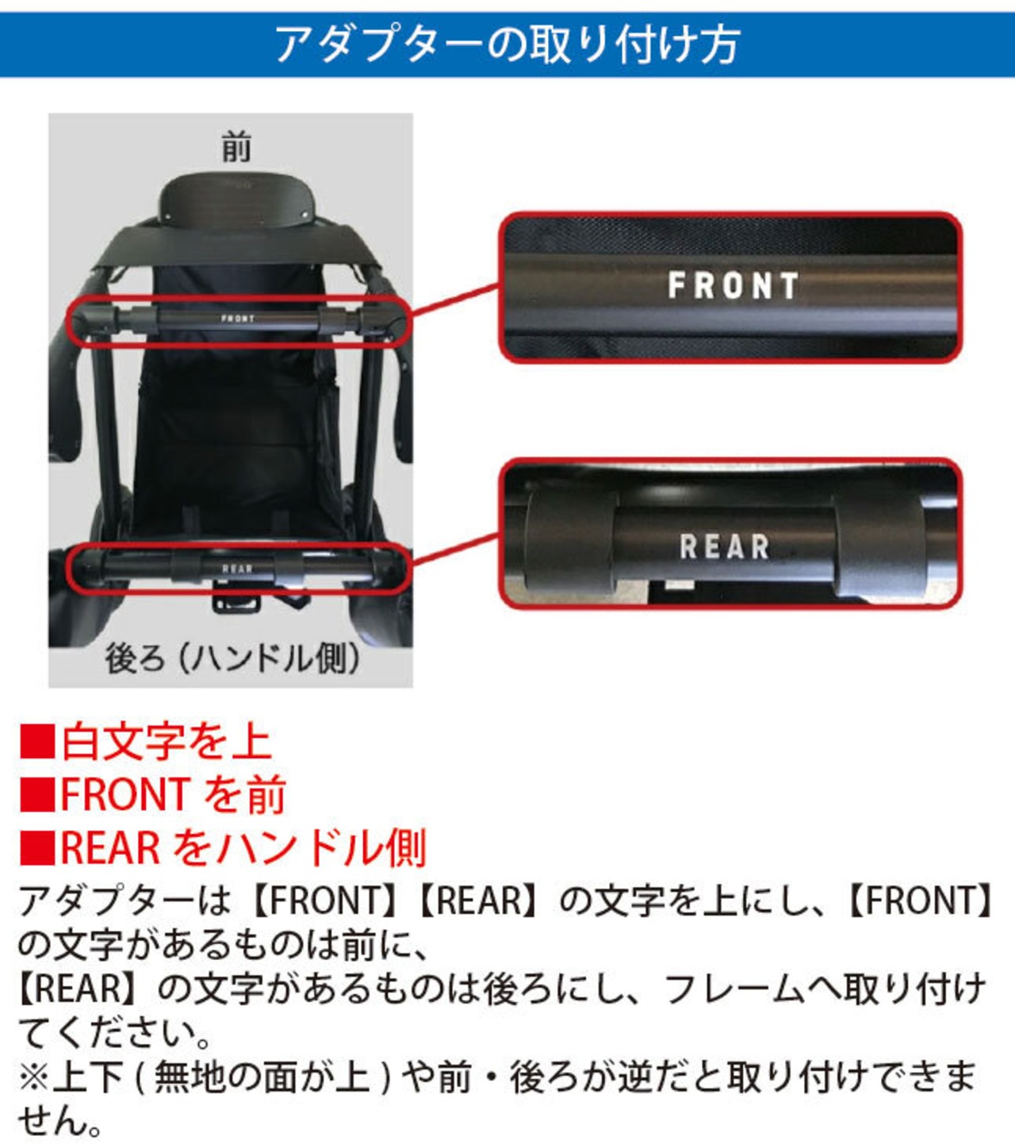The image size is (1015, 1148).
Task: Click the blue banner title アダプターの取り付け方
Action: click(507, 44)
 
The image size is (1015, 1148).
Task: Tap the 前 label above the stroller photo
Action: click(236, 147)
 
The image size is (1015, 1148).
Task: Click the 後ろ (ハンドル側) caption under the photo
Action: click(232, 658)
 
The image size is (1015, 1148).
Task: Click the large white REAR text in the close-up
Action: click(724, 545)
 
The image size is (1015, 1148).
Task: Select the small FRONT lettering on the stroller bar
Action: click(238, 319)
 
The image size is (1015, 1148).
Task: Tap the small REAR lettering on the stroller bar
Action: click(237, 568)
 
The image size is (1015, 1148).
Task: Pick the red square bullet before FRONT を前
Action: click(37, 794)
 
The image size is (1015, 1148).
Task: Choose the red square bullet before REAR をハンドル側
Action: click(37, 847)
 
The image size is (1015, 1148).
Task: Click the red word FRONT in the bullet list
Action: click(124, 794)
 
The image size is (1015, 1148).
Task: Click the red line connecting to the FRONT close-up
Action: click(455, 300)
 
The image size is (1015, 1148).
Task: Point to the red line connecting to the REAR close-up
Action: click(455, 549)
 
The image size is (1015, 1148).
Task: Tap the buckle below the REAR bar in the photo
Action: click(237, 601)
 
